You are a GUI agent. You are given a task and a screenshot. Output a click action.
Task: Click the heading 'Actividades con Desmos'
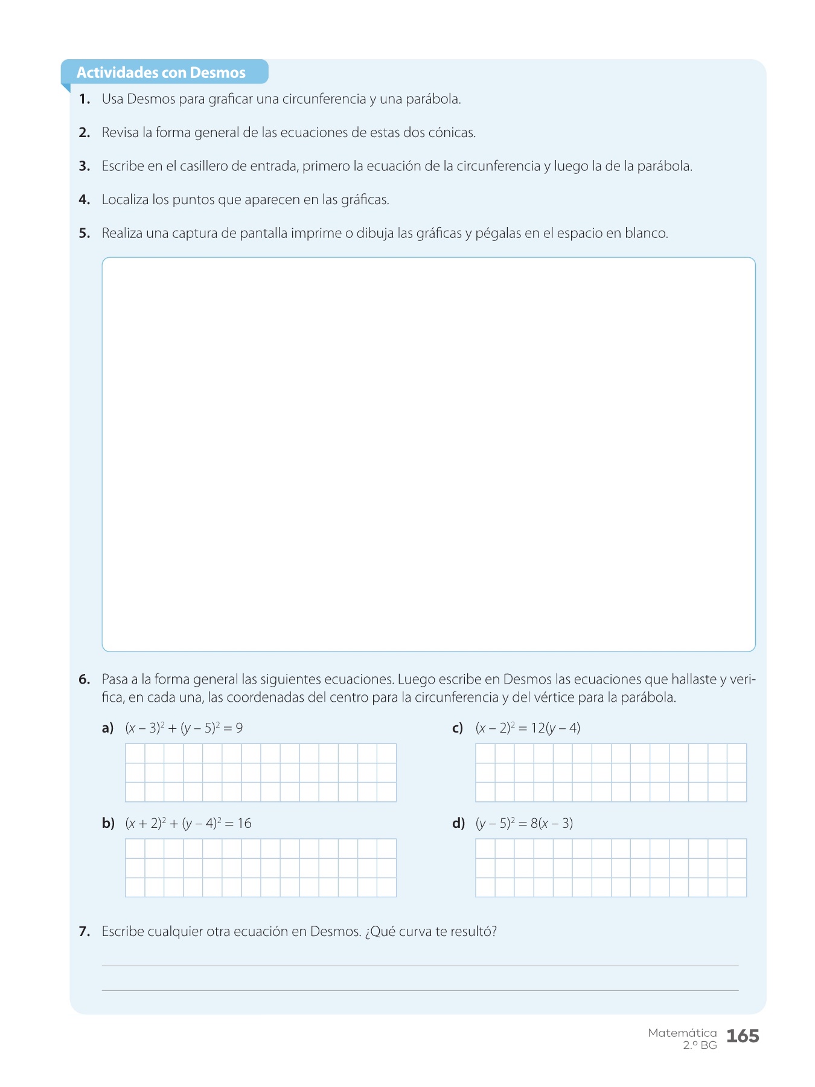[161, 72]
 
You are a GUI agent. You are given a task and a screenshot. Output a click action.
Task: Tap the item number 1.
[85, 99]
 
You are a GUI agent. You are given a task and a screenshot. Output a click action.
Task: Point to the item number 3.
[85, 166]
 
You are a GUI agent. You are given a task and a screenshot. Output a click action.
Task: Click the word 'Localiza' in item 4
[125, 199]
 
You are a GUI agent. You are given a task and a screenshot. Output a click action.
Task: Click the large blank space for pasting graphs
[429, 454]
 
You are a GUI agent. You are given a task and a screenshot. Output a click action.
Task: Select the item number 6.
[85, 679]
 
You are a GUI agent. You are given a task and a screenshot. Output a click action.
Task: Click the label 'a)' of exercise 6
[108, 728]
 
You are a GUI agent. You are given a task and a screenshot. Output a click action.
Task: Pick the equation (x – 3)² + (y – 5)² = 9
[184, 728]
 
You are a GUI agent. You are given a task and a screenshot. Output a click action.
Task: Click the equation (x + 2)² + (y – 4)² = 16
[188, 824]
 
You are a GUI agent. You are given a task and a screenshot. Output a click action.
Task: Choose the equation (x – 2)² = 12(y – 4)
[528, 728]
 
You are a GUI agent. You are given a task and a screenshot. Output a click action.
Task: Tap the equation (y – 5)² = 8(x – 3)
[524, 824]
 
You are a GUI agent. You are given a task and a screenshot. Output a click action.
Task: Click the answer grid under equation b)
[261, 868]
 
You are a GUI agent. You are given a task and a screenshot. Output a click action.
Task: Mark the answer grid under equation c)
[611, 772]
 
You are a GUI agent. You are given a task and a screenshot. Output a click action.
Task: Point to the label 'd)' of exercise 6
[458, 824]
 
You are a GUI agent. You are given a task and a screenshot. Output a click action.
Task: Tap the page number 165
[743, 1036]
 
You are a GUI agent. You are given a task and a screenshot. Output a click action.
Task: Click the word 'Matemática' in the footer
[682, 1033]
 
